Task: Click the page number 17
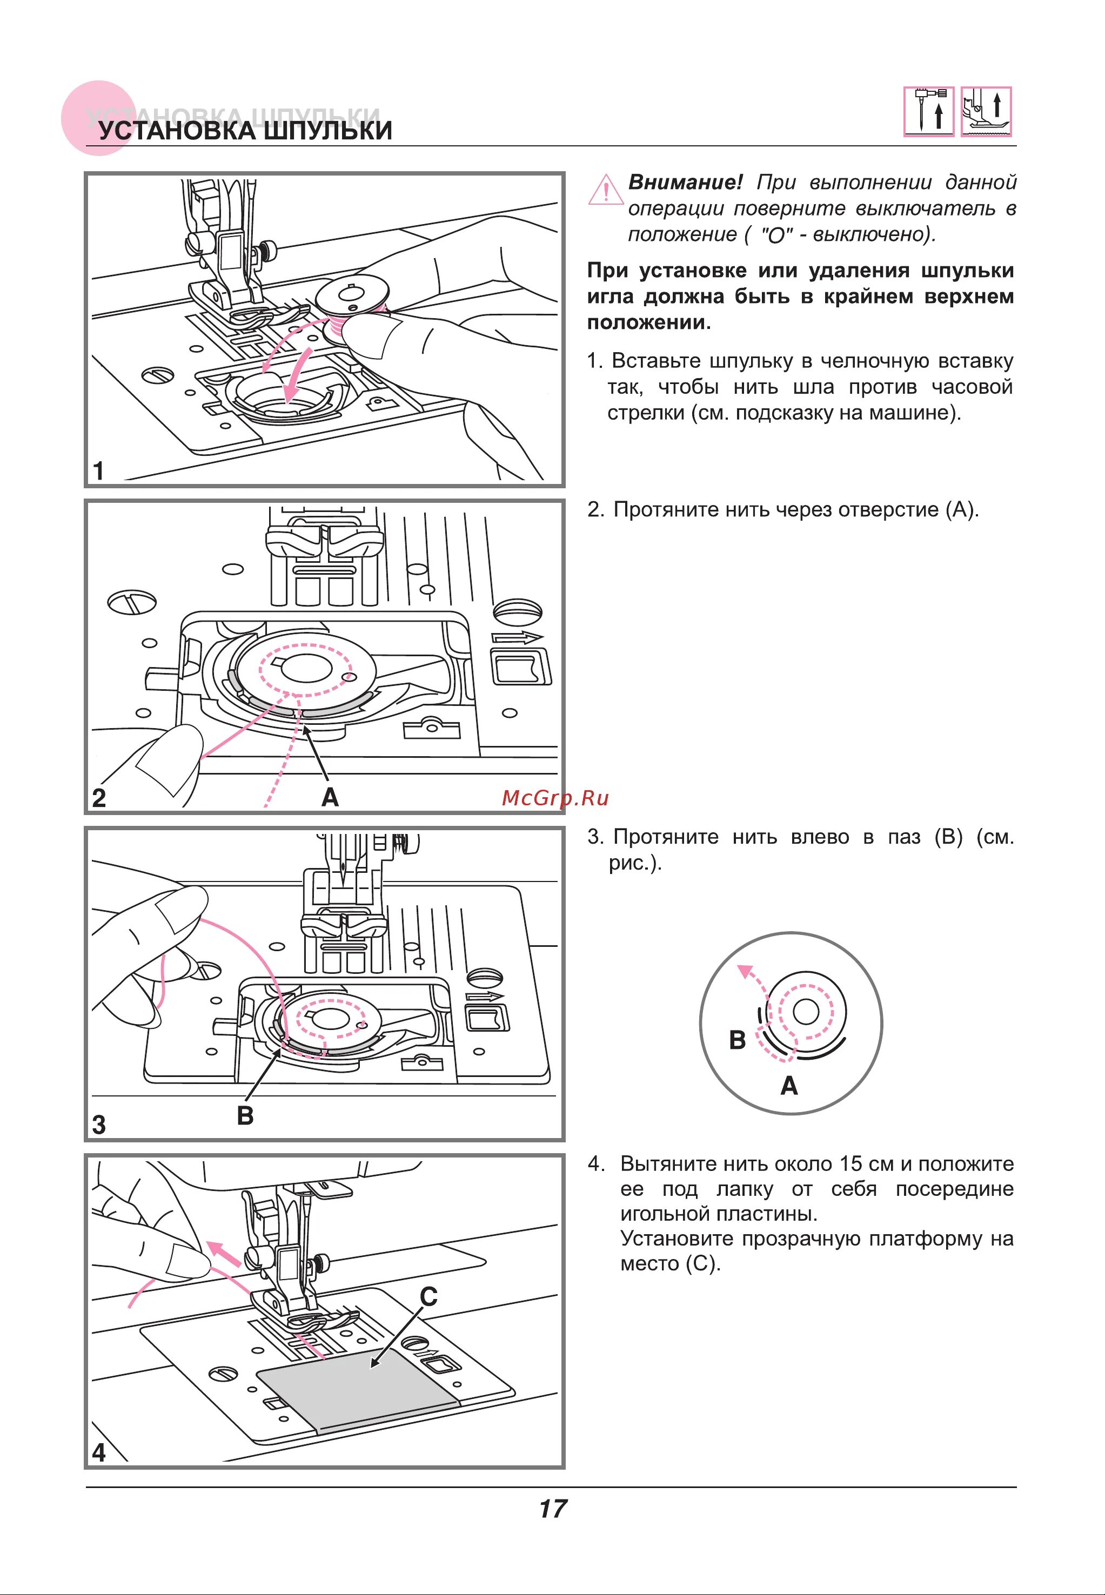pos(552,1509)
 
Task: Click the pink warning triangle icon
pos(605,190)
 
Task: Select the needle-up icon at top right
pos(928,111)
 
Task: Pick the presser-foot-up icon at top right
pos(987,111)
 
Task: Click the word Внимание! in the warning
pos(685,183)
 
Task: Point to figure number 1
pos(99,470)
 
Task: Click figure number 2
pos(99,798)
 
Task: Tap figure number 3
pos(99,1125)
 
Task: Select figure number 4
pos(99,1452)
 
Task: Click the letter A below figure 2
pos(330,798)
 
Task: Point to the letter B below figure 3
pos(245,1116)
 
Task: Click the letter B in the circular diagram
pos(738,1040)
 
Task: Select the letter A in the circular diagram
pos(789,1086)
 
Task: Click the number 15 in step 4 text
pos(850,1164)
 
